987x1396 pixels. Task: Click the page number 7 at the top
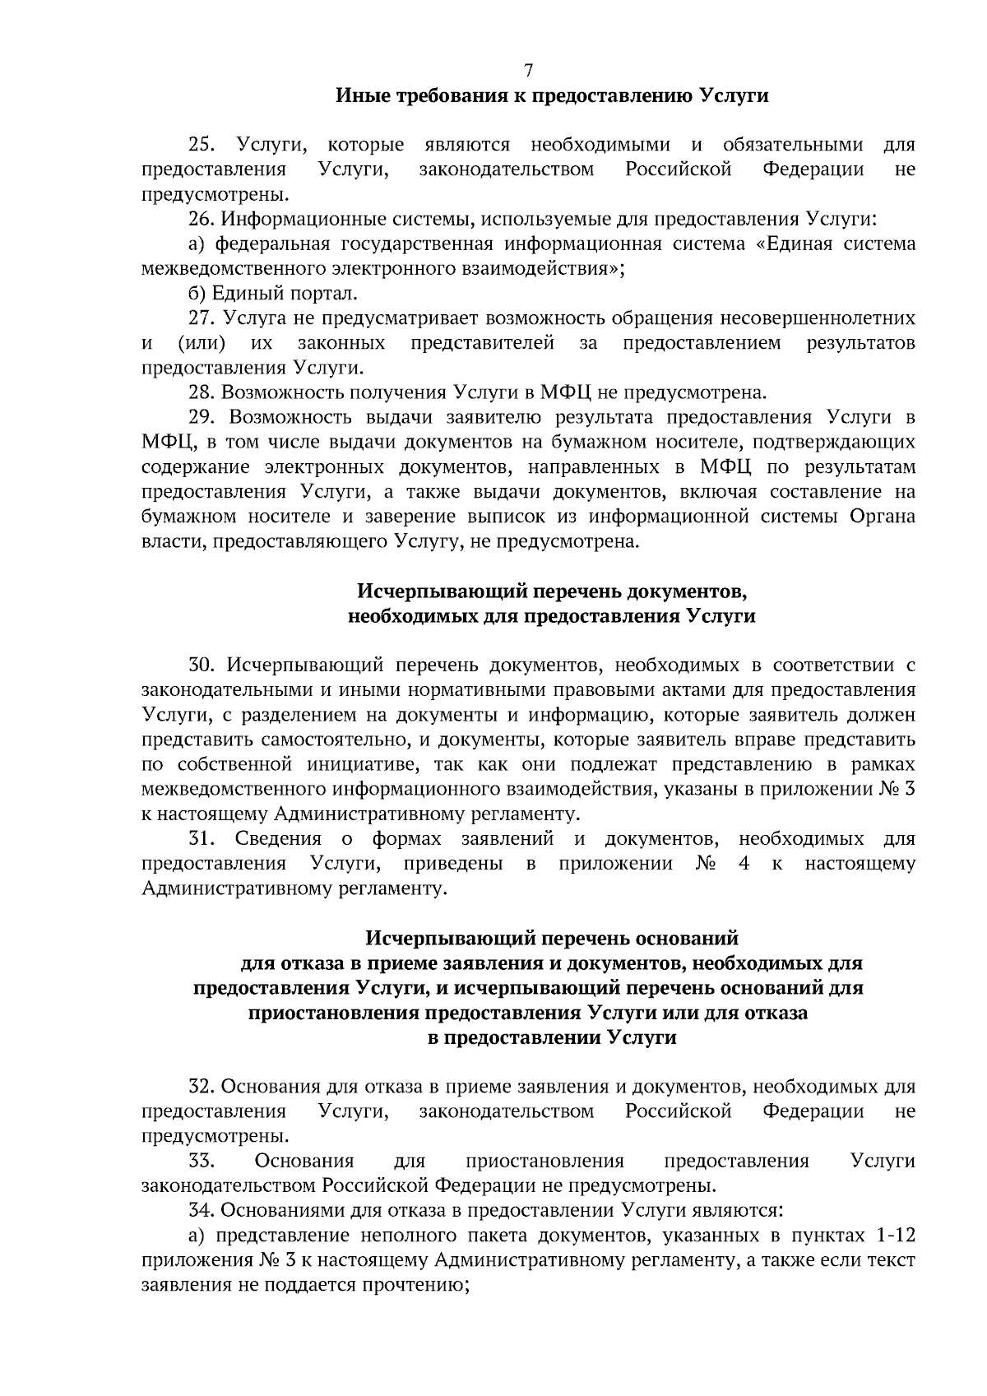pos(528,71)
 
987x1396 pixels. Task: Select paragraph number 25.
pos(202,146)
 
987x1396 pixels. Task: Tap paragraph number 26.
pos(202,220)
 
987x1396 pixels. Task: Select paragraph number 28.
pos(202,392)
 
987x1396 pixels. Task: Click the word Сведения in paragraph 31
pos(278,839)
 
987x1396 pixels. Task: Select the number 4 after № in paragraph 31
pos(744,864)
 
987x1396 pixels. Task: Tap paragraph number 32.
pos(202,1087)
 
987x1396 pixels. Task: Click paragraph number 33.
pos(202,1161)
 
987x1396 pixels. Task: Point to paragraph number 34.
pos(202,1210)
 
